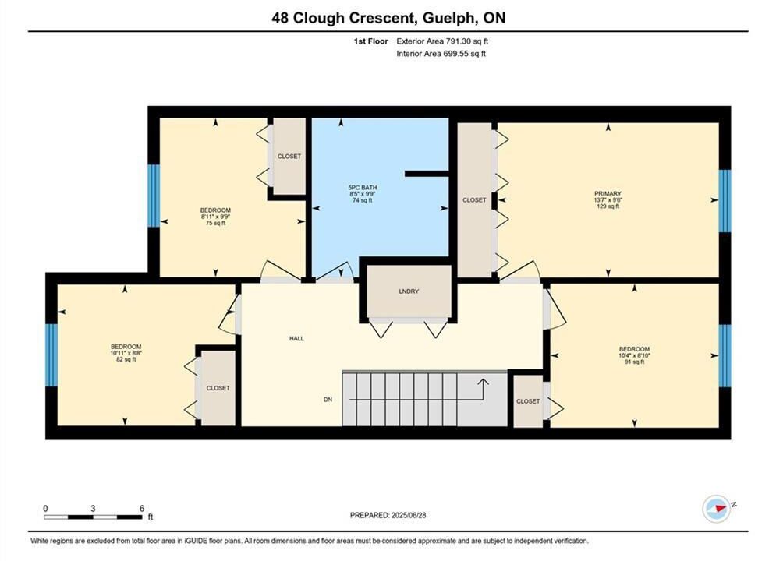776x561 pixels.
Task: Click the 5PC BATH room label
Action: click(x=363, y=187)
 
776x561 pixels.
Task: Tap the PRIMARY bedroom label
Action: click(x=608, y=194)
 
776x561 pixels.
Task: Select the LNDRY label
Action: click(x=409, y=291)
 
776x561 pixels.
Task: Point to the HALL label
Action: click(x=296, y=339)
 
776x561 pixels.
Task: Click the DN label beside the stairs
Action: click(x=328, y=400)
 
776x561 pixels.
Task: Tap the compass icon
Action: click(x=717, y=508)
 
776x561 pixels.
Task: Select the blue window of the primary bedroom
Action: click(x=725, y=201)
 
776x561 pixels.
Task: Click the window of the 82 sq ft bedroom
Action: click(x=51, y=355)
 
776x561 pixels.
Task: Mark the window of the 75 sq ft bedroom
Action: click(x=154, y=196)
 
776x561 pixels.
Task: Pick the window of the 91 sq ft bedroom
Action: click(x=725, y=356)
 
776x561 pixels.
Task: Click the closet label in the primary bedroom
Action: click(x=474, y=200)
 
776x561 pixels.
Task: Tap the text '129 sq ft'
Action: click(x=608, y=206)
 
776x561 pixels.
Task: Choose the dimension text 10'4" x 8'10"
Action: click(x=634, y=355)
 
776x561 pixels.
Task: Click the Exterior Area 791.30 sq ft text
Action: click(x=442, y=41)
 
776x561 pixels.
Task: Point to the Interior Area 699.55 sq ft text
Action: click(x=441, y=54)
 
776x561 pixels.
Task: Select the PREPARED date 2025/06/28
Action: click(x=409, y=515)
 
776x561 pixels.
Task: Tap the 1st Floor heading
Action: click(x=370, y=41)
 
